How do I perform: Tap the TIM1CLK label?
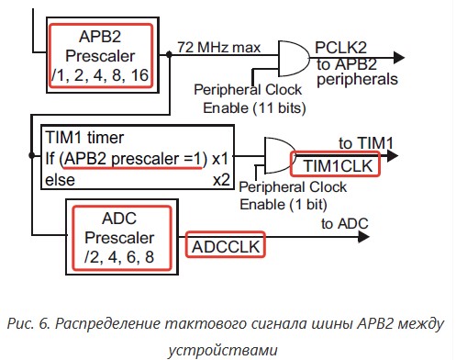338,166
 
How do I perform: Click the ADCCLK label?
226,247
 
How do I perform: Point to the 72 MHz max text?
219,48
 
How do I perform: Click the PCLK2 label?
340,48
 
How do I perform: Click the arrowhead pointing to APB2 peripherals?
398,58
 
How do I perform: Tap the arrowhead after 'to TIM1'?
392,156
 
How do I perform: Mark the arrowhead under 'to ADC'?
363,237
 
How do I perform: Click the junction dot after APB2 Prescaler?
169,54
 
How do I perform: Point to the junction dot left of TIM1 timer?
32,155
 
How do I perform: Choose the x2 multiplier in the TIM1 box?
221,180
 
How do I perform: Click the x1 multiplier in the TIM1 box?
220,159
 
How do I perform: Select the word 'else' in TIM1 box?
60,180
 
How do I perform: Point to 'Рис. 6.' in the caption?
28,323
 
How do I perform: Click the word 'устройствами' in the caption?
223,350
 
